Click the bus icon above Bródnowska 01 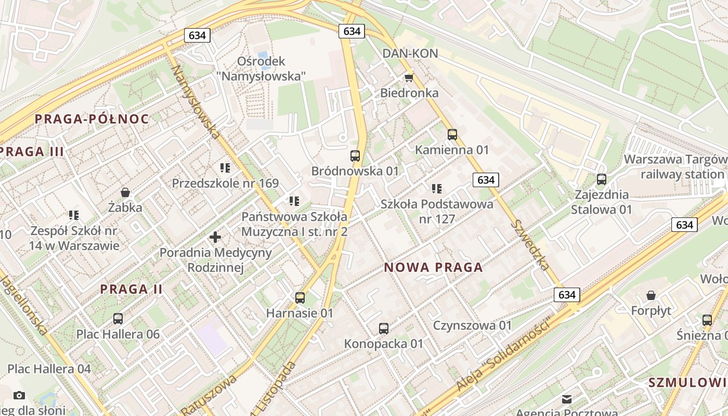355,155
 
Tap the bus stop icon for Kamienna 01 452,135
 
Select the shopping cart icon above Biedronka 409,77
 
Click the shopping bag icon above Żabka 125,192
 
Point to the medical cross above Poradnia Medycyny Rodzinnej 215,238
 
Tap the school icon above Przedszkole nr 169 225,168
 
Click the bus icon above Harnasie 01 300,298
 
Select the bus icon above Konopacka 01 384,329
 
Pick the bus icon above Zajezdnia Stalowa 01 602,179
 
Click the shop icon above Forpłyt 651,295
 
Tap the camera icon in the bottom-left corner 19,396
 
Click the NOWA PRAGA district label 433,268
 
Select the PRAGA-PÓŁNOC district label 92,119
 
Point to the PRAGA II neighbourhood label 131,289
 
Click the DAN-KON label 410,54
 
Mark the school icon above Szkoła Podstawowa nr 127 437,189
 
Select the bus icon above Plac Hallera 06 118,319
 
